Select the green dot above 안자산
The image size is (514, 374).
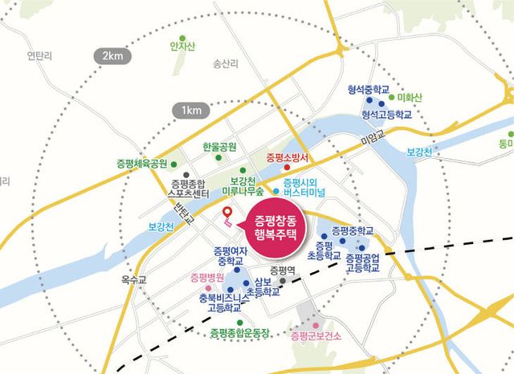pos(183,36)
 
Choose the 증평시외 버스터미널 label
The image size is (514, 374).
pos(301,187)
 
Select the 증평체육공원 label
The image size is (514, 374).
pos(142,163)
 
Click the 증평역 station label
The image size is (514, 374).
pos(284,270)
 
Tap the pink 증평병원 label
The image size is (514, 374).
pos(207,278)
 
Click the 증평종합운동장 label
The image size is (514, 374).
pos(239,332)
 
